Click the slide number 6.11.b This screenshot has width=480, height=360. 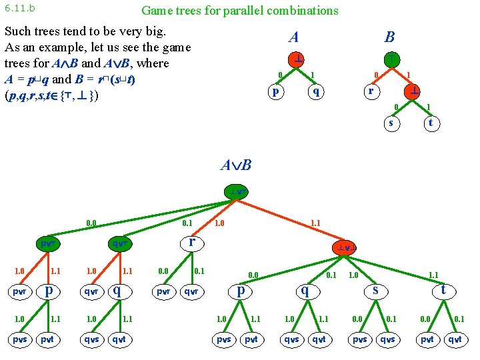point(20,9)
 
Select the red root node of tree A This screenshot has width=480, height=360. point(295,59)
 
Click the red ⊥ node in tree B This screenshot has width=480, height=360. point(414,91)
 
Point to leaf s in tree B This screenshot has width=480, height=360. point(391,123)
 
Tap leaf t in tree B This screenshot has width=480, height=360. point(431,123)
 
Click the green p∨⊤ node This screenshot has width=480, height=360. point(47,244)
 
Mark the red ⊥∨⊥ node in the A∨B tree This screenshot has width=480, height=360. point(348,248)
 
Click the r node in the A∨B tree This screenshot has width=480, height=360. point(191,242)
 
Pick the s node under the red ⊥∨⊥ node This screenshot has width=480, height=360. point(376,290)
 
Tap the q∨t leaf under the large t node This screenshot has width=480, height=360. point(455,339)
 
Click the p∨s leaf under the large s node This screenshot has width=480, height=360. point(359,339)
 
